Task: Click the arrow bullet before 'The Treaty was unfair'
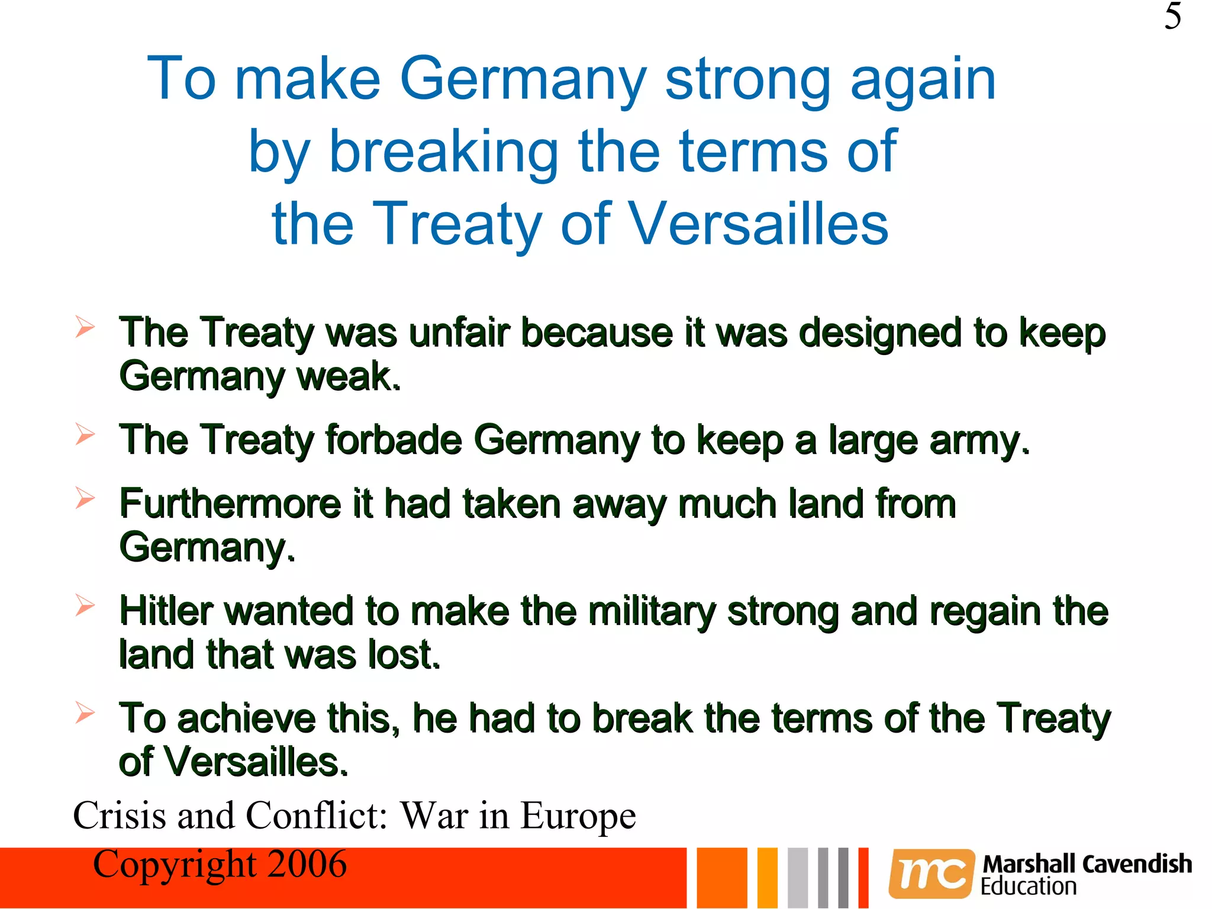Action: tap(85, 327)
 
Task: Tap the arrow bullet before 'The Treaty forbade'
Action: tap(85, 434)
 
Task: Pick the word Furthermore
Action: tap(230, 504)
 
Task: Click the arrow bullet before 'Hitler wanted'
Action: tap(85, 605)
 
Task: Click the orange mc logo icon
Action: tap(931, 873)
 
